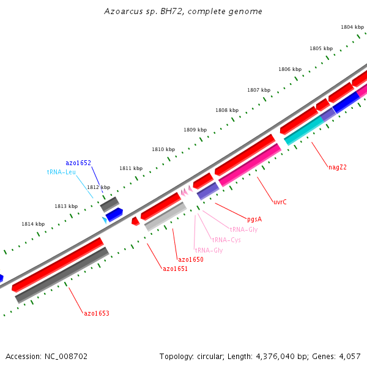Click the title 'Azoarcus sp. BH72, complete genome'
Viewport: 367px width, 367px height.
pyautogui.click(x=183, y=12)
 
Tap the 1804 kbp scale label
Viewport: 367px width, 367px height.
pyautogui.click(x=352, y=27)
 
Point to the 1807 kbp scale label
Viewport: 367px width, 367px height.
pyautogui.click(x=259, y=90)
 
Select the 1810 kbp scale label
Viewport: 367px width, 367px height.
pyautogui.click(x=163, y=149)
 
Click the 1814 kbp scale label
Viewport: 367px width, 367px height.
pyautogui.click(x=33, y=224)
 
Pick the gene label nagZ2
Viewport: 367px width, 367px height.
pyautogui.click(x=338, y=167)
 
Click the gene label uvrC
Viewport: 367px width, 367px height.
pyautogui.click(x=280, y=201)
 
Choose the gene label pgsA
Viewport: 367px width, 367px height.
pyautogui.click(x=254, y=218)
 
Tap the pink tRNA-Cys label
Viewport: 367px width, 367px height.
pyautogui.click(x=226, y=240)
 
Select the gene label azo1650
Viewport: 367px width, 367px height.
pyautogui.click(x=190, y=259)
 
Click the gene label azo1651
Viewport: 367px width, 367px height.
pyautogui.click(x=175, y=269)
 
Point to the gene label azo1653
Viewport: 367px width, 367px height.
pyautogui.click(x=97, y=313)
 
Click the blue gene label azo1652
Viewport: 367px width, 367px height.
pyautogui.click(x=78, y=163)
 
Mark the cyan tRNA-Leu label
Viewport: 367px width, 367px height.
pyautogui.click(x=61, y=172)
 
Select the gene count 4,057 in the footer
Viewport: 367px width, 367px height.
pyautogui.click(x=350, y=356)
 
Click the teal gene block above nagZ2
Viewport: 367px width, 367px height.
pyautogui.click(x=304, y=131)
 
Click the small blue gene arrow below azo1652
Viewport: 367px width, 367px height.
pyautogui.click(x=114, y=215)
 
